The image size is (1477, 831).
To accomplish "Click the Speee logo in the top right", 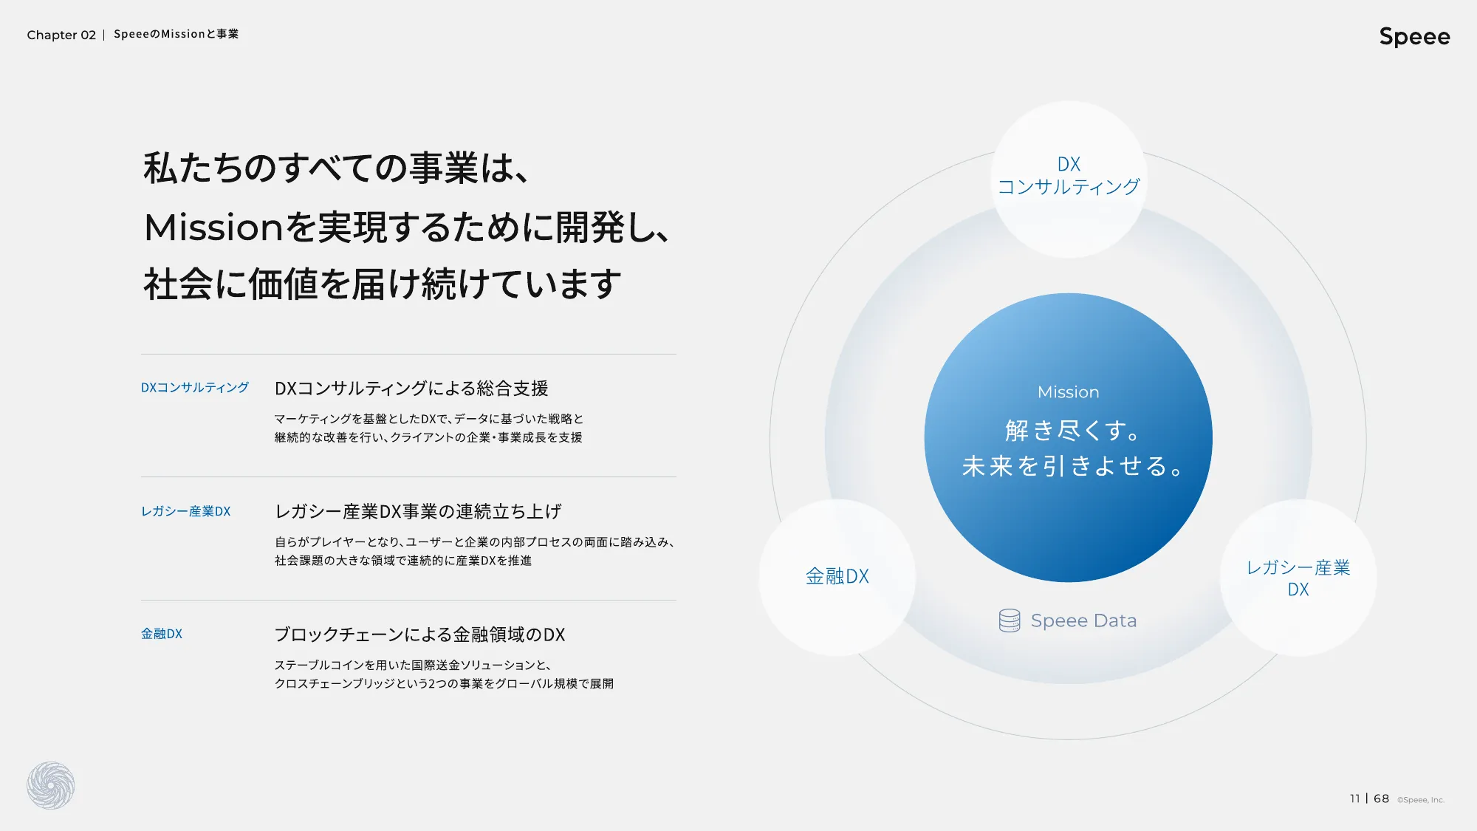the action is coord(1414,37).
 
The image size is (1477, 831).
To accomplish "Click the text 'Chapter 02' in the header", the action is coord(61,35).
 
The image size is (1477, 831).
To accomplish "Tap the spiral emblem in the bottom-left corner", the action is coord(51,785).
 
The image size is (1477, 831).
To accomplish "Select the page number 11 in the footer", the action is coord(1354,798).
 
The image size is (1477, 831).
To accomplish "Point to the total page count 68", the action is coord(1381,798).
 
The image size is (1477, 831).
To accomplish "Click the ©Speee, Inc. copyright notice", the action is coord(1420,800).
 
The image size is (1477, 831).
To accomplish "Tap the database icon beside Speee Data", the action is coord(1010,620).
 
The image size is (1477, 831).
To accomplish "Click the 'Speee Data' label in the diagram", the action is coord(1083,620).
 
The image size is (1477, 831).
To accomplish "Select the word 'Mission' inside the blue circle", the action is coord(1068,392).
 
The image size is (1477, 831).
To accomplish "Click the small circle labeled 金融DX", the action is coord(837,577).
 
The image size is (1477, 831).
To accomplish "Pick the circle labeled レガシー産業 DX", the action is coord(1298,577).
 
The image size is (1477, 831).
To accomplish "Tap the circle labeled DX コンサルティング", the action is coord(1069,179).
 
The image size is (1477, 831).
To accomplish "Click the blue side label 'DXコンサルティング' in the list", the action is coord(195,388).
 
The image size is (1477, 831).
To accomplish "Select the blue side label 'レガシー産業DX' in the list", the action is coord(186,511).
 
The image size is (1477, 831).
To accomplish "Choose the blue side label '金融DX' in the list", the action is coord(162,634).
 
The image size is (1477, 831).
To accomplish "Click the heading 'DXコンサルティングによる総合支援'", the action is coord(411,389).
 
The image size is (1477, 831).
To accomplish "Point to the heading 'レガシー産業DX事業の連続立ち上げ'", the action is coord(418,511).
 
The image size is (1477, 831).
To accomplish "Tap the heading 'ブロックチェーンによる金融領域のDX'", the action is coord(419,635).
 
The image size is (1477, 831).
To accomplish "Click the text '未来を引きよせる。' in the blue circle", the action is coord(1072,466).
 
